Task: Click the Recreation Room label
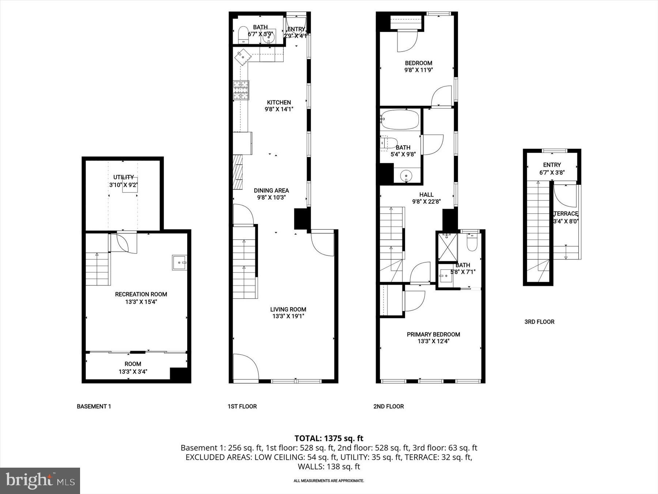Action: pyautogui.click(x=141, y=294)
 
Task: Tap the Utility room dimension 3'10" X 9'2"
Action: pyautogui.click(x=123, y=185)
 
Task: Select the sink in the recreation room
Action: pyautogui.click(x=179, y=262)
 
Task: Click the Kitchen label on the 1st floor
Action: pyautogui.click(x=279, y=102)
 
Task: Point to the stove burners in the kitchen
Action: pyautogui.click(x=241, y=90)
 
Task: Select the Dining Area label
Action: pyautogui.click(x=271, y=190)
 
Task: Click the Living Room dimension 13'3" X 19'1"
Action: pyautogui.click(x=288, y=316)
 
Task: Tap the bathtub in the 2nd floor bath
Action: pyautogui.click(x=400, y=119)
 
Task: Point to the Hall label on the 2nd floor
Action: pyautogui.click(x=426, y=195)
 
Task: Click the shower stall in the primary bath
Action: pyautogui.click(x=448, y=247)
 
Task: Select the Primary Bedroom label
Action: pyautogui.click(x=433, y=334)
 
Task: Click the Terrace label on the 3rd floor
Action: pyautogui.click(x=566, y=214)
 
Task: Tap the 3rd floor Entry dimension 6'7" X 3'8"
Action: pyautogui.click(x=552, y=172)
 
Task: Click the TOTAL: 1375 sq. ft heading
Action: pyautogui.click(x=329, y=438)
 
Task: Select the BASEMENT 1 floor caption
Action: pyautogui.click(x=94, y=406)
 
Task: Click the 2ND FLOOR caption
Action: pyautogui.click(x=388, y=406)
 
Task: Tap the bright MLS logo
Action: pyautogui.click(x=40, y=480)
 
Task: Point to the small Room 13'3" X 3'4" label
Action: pyautogui.click(x=133, y=364)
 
